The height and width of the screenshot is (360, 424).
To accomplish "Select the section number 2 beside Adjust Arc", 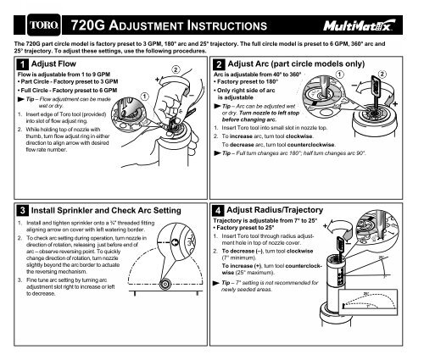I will pos(220,64).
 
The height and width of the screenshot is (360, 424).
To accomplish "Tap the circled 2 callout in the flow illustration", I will pos(176,69).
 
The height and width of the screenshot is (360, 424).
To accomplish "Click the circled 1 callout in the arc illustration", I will pos(341,74).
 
